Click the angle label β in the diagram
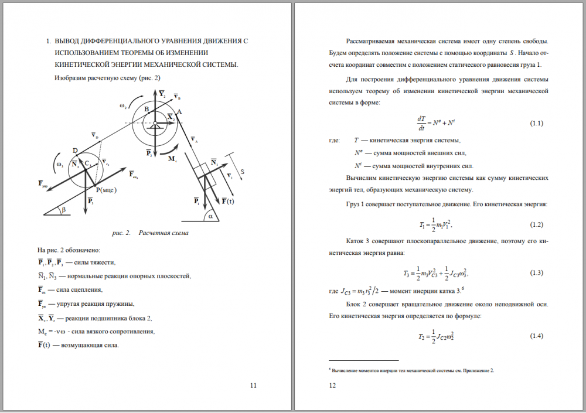tap(64, 209)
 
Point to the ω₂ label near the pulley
tap(122, 106)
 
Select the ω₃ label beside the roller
tap(59, 165)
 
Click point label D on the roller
tap(75, 151)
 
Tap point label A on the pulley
tap(179, 111)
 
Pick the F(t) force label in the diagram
tap(227, 201)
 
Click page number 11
tap(253, 385)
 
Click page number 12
tap(332, 385)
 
